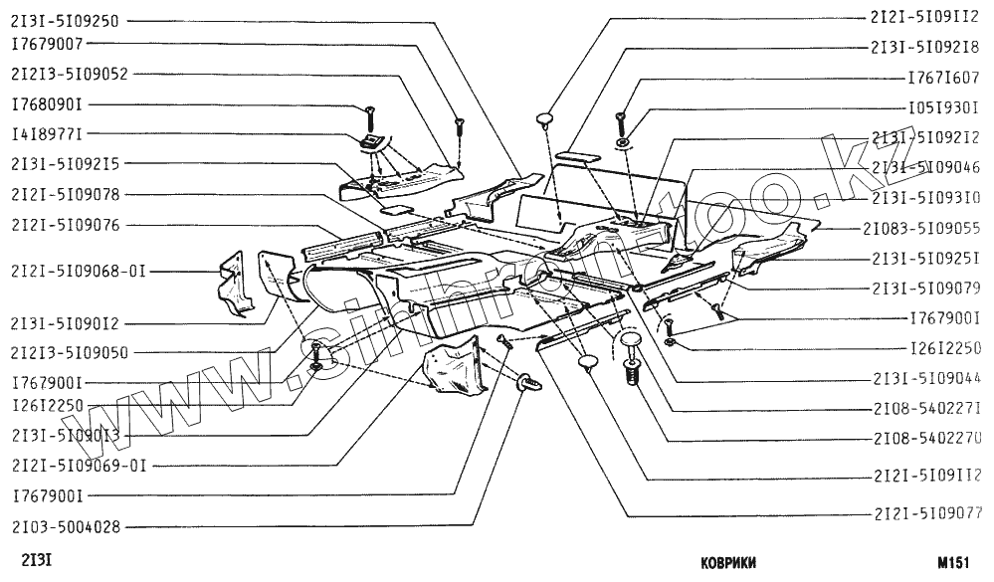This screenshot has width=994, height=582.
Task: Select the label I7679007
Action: [47, 45]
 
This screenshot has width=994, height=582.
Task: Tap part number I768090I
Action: [47, 103]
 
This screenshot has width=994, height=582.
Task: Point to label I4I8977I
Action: [47, 132]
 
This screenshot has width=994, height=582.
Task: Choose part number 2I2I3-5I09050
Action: [69, 352]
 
